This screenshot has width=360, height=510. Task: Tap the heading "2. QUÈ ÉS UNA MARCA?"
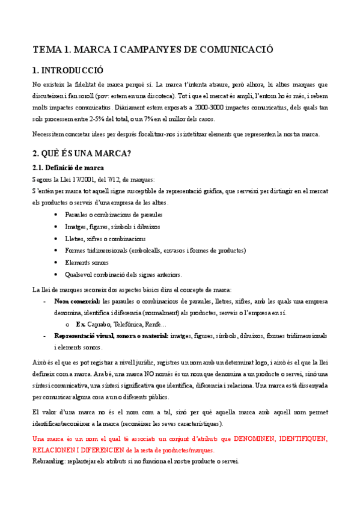81,153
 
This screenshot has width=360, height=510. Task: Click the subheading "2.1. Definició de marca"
68,167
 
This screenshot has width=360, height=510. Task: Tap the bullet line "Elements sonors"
88,262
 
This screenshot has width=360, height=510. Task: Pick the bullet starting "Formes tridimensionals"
155,250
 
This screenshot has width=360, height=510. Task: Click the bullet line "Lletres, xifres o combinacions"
102,239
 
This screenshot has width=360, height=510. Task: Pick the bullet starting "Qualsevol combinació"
123,274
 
